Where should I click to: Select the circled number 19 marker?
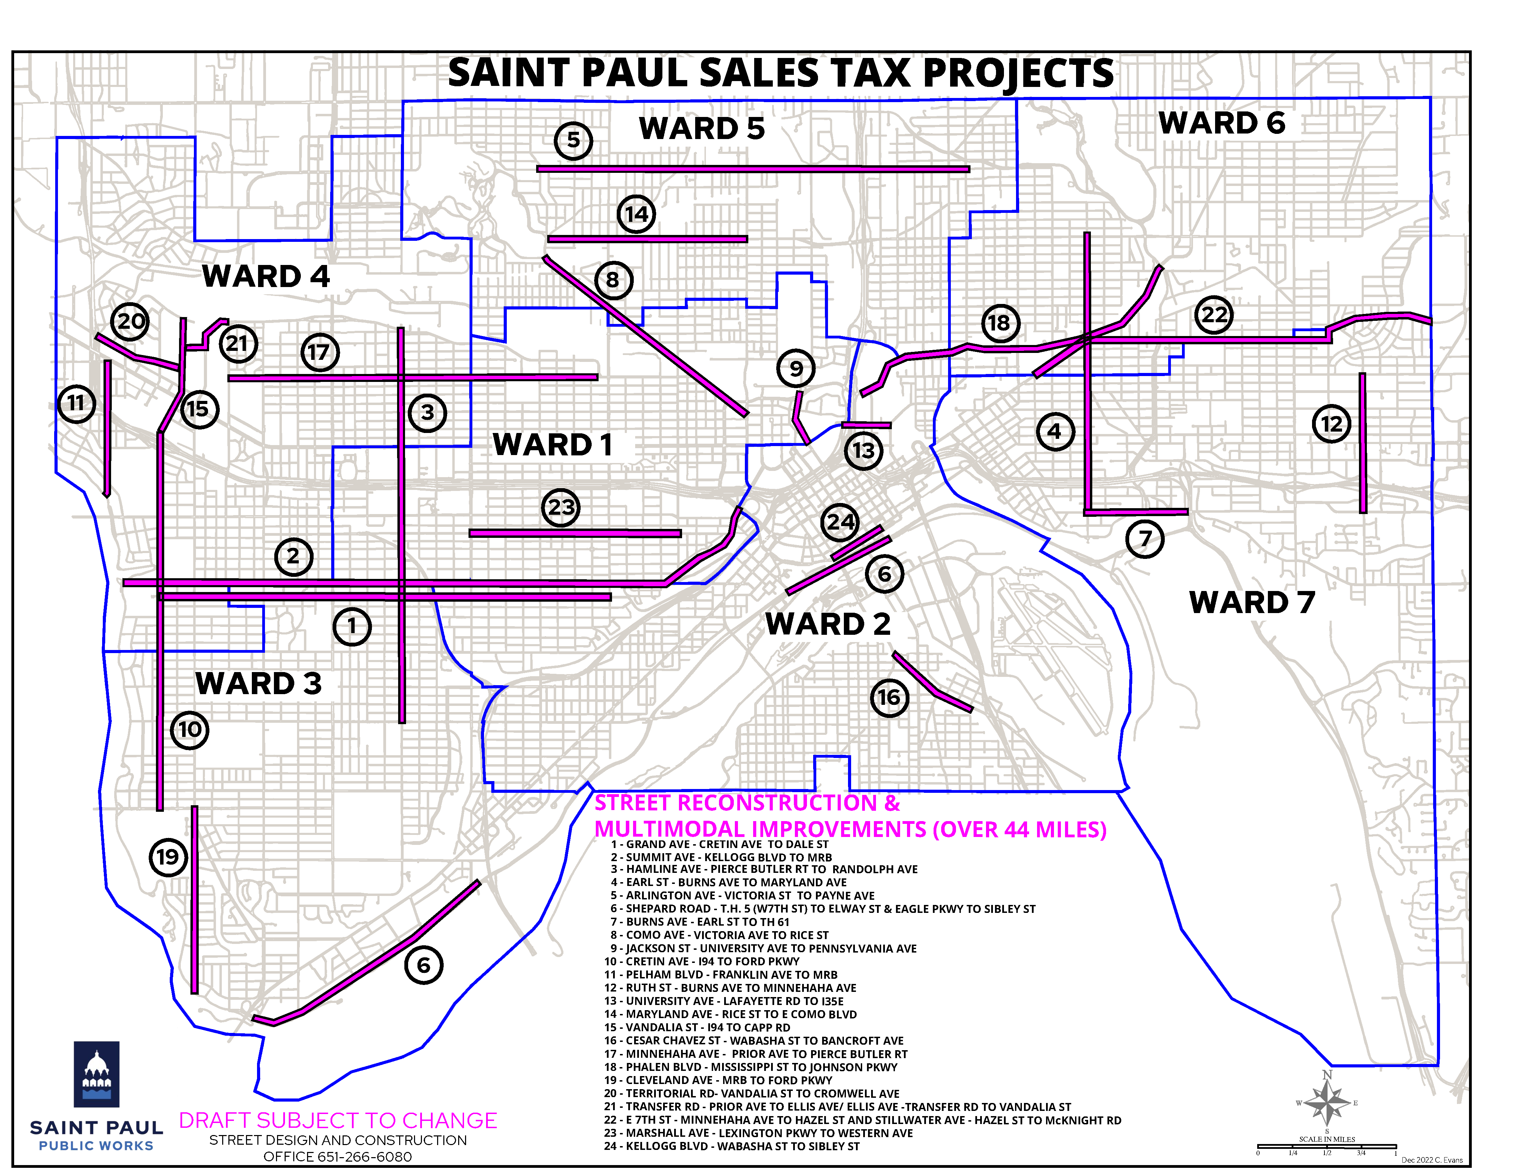(x=168, y=857)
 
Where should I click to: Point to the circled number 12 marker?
(x=1331, y=424)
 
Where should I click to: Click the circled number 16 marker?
(x=889, y=698)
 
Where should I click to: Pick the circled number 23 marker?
(x=561, y=507)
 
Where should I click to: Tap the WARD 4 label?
(x=266, y=277)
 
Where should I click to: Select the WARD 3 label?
(x=258, y=684)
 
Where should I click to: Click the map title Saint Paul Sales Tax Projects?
(x=780, y=73)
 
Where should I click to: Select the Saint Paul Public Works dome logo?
(x=97, y=1074)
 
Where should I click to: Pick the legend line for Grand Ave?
(x=720, y=844)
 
